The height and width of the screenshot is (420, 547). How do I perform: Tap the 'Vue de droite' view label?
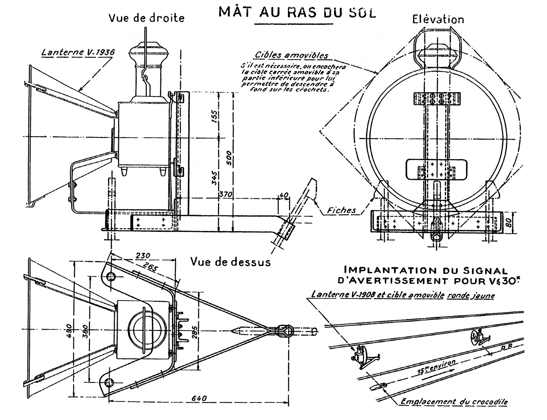point(147,18)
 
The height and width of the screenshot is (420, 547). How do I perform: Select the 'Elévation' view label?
point(438,20)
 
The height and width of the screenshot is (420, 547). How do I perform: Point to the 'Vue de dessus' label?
point(230,262)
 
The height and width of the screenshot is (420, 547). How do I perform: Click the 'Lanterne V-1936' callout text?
point(78,52)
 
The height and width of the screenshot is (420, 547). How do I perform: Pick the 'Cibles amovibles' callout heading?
point(291,55)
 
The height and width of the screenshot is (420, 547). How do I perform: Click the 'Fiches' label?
point(341,210)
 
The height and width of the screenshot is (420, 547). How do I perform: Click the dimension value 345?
point(215,178)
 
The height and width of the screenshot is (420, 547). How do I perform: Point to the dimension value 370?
point(226,194)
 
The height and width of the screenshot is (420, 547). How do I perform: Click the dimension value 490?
point(69,331)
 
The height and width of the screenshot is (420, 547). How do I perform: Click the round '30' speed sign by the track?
point(474,336)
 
